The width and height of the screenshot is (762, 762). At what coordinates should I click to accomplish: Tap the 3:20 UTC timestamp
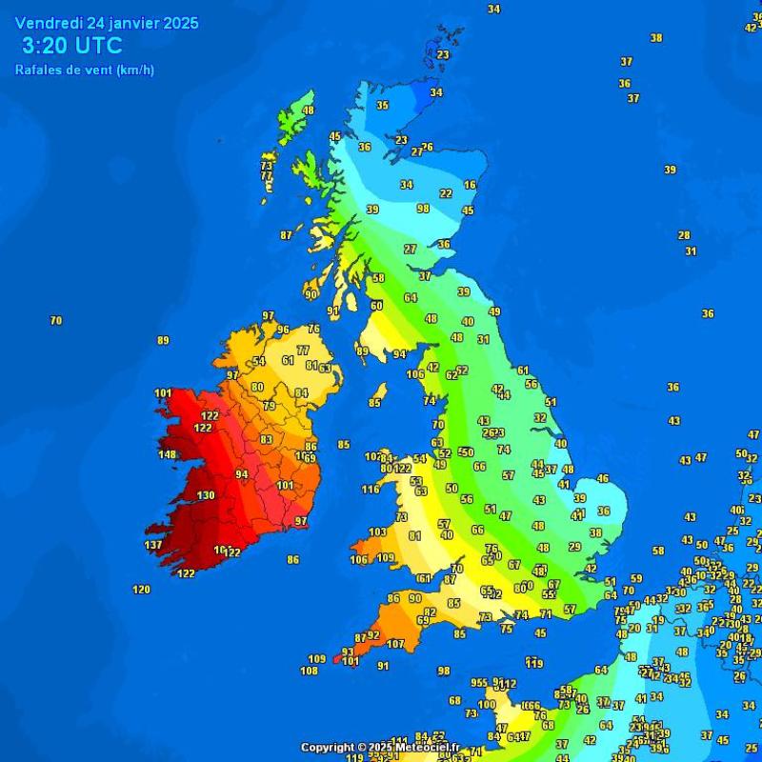(x=71, y=46)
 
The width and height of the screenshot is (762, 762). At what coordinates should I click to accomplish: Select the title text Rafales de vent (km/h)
(x=85, y=70)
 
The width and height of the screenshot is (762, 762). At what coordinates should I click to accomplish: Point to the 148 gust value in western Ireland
(x=168, y=454)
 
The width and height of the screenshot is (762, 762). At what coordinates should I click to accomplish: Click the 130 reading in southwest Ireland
(x=206, y=495)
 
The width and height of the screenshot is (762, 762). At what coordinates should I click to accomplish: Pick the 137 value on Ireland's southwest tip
(x=153, y=545)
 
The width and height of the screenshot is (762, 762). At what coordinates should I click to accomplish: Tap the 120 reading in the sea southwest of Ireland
(x=141, y=590)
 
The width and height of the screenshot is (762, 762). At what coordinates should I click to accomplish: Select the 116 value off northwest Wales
(x=371, y=490)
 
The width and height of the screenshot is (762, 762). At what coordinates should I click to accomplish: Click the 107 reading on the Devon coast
(x=395, y=644)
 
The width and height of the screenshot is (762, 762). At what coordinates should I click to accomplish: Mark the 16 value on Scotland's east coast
(x=470, y=185)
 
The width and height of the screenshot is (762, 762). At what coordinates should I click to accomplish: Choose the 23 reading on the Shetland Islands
(x=443, y=55)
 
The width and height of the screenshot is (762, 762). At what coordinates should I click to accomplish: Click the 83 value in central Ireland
(x=267, y=439)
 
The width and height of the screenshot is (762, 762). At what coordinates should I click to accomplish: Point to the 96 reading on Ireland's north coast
(x=283, y=331)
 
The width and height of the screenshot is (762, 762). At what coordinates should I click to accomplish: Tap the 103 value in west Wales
(x=378, y=532)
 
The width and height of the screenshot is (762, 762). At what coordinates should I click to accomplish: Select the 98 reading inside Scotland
(x=423, y=209)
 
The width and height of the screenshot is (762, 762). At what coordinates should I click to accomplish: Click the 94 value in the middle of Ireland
(x=242, y=474)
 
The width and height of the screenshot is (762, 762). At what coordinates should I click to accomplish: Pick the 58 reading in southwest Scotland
(x=378, y=278)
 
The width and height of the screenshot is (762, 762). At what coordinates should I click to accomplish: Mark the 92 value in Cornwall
(x=373, y=634)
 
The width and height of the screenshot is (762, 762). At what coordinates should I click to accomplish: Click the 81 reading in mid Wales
(x=415, y=535)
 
